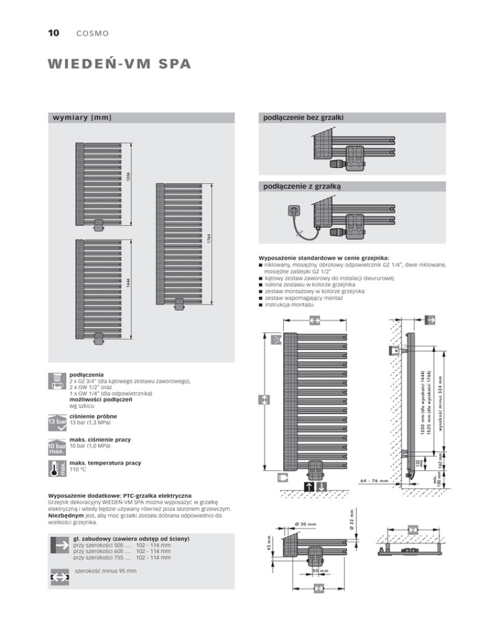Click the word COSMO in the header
[92, 32]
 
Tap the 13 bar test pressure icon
[57, 422]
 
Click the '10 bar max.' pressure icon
[57, 447]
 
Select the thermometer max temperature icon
[57, 469]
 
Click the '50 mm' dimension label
[320, 570]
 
